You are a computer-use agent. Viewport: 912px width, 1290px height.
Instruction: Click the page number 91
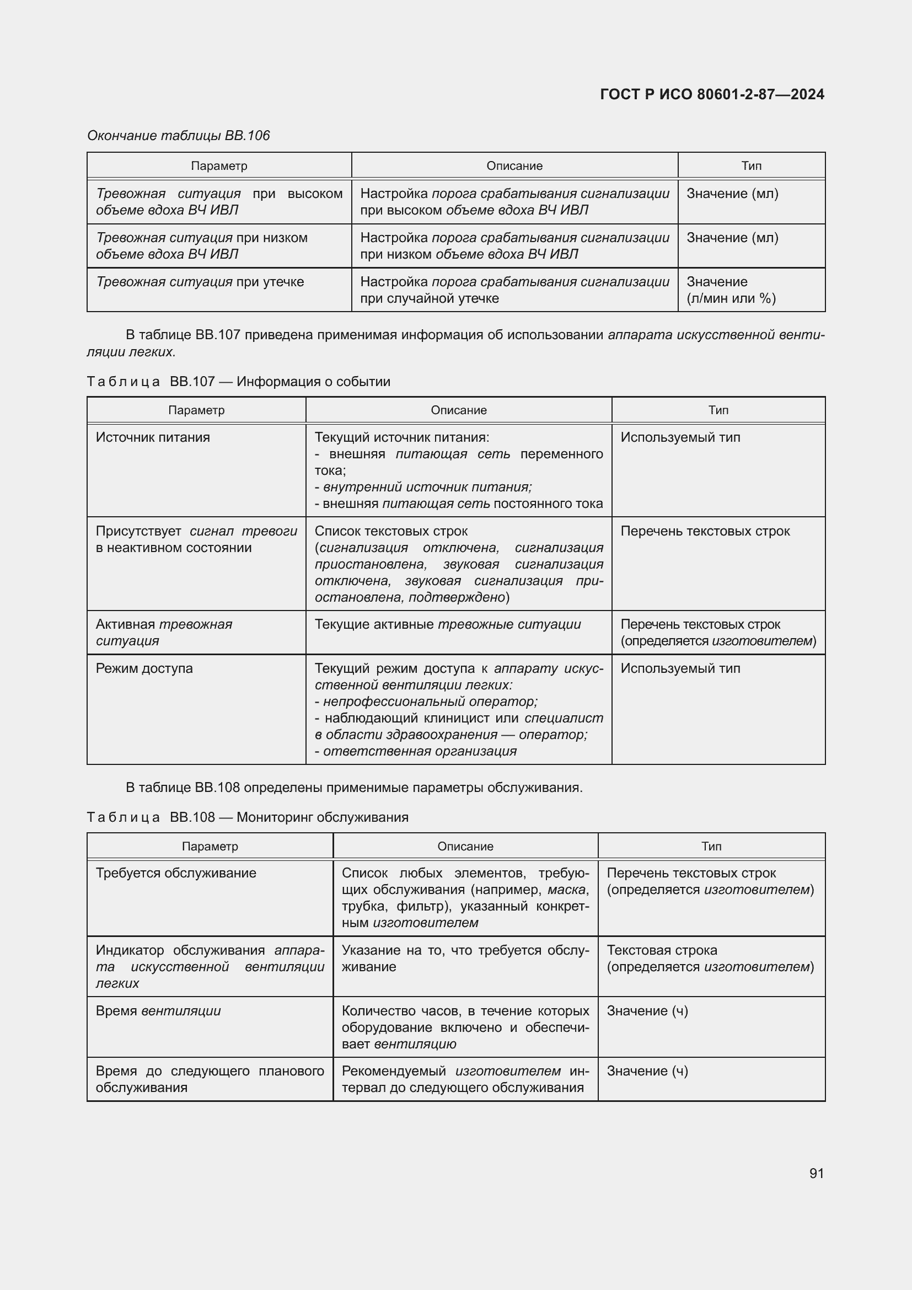point(816,1173)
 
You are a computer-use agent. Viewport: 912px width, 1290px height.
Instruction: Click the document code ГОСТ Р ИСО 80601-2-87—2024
point(711,94)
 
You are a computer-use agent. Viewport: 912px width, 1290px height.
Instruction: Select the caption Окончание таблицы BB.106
point(179,136)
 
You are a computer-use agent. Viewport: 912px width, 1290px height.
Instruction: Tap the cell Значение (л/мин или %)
point(731,290)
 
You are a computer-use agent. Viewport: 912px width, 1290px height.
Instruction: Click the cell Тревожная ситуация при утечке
point(200,282)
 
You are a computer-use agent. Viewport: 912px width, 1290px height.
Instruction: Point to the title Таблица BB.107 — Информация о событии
point(239,382)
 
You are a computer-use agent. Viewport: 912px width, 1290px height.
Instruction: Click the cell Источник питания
point(153,437)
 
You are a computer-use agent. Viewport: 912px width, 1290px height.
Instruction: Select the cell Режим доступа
point(144,668)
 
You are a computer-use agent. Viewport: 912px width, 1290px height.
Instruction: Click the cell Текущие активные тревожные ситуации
point(448,624)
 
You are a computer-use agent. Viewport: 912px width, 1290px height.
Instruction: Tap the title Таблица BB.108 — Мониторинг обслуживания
point(248,817)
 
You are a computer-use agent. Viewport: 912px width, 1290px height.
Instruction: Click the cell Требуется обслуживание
point(176,873)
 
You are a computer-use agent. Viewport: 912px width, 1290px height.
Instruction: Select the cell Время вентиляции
point(158,1011)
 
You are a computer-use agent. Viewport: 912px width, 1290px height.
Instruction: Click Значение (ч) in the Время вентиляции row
point(647,1011)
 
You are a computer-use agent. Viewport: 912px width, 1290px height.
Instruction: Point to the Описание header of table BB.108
point(465,846)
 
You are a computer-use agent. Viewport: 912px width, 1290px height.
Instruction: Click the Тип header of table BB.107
point(718,410)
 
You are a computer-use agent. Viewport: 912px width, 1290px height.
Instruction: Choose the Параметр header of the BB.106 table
point(219,166)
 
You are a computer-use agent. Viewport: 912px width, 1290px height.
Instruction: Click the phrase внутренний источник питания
point(427,486)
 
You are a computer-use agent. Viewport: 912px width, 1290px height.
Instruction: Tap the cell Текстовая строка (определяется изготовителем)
point(710,958)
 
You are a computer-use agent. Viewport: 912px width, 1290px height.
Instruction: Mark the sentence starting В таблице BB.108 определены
point(354,787)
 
